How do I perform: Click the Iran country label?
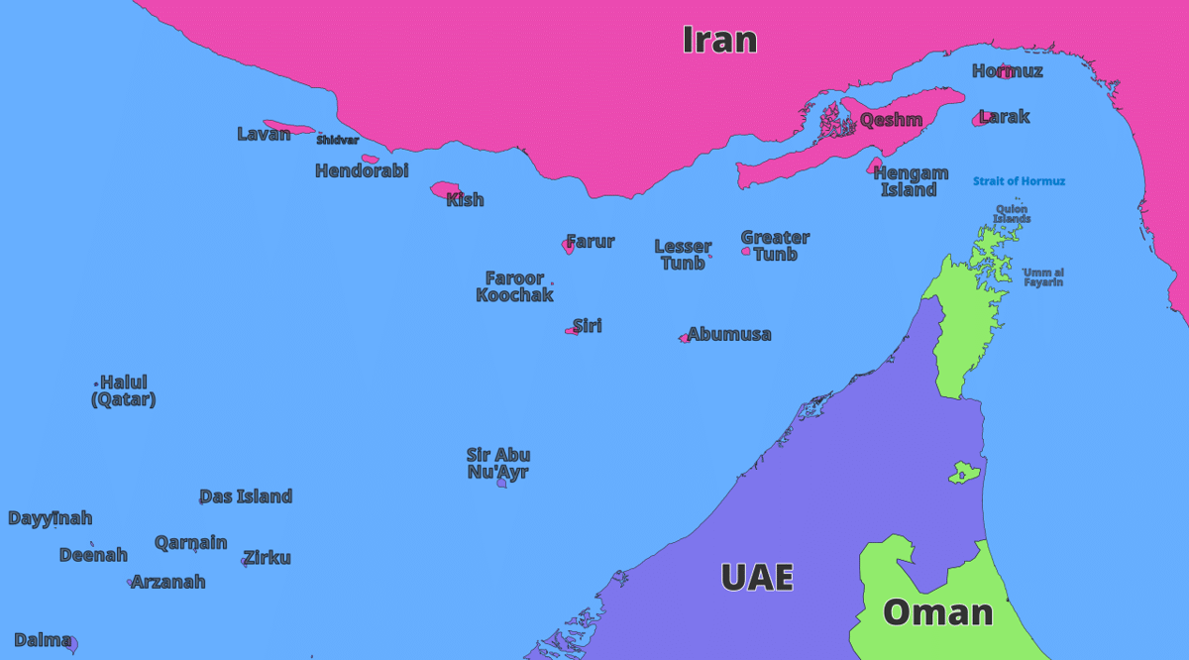pyautogui.click(x=719, y=40)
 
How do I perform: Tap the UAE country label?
pyautogui.click(x=757, y=577)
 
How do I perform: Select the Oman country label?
pyautogui.click(x=937, y=611)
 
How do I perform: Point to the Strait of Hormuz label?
pyautogui.click(x=1019, y=181)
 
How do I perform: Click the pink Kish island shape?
pyautogui.click(x=442, y=188)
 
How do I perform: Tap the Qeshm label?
pyautogui.click(x=891, y=120)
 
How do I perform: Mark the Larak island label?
pyautogui.click(x=1005, y=117)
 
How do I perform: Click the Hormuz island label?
pyautogui.click(x=1007, y=70)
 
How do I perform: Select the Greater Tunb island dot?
pyautogui.click(x=746, y=252)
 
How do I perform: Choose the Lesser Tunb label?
pyautogui.click(x=683, y=255)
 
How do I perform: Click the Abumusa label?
pyautogui.click(x=729, y=334)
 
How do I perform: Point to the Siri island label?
pyautogui.click(x=588, y=325)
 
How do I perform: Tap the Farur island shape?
pyautogui.click(x=569, y=246)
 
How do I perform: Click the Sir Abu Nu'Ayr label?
pyautogui.click(x=498, y=463)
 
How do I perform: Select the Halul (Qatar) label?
pyautogui.click(x=124, y=390)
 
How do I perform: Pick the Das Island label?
pyautogui.click(x=247, y=496)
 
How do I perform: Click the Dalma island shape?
pyautogui.click(x=71, y=643)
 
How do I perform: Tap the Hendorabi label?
pyautogui.click(x=362, y=170)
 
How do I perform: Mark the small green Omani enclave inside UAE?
pyautogui.click(x=960, y=473)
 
